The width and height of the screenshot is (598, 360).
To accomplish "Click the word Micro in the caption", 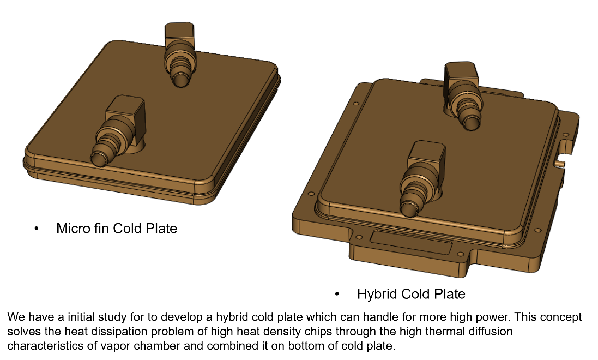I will pos(70,228).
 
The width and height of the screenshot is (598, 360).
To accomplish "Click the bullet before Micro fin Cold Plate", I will pos(37,229).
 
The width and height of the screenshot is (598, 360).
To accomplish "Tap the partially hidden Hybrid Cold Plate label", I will pos(410,293).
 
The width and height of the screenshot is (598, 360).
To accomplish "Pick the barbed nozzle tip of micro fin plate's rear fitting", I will pos(179,80).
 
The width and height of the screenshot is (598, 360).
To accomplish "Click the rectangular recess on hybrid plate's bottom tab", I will pos(410,240).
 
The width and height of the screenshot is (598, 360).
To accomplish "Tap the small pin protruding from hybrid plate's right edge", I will pos(559,162).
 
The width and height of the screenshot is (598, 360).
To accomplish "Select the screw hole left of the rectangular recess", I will pos(358,238).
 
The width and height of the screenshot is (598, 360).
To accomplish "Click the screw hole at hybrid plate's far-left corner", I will pos(356,103).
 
